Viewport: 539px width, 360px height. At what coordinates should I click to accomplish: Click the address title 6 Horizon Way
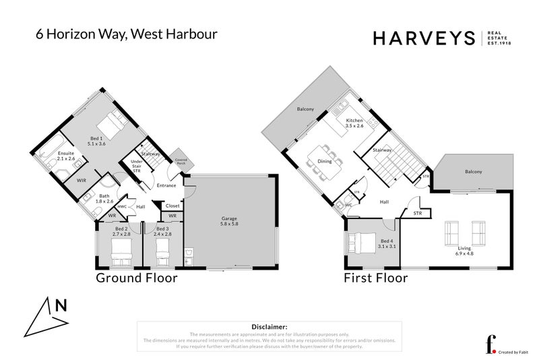click(x=126, y=34)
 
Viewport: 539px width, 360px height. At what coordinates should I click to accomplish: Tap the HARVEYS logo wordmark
click(x=425, y=38)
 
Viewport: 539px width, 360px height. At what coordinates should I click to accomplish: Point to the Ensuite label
click(x=66, y=156)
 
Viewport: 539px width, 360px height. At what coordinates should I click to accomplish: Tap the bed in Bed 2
click(x=119, y=254)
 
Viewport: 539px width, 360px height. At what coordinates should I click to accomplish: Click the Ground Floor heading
click(x=136, y=278)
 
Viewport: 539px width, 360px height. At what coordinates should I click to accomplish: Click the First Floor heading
click(x=376, y=278)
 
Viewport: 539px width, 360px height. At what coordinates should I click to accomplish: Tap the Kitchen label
click(x=354, y=123)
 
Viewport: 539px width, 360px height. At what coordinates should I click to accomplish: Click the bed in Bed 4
click(x=361, y=243)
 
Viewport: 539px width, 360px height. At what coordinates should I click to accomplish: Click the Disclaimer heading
click(x=269, y=326)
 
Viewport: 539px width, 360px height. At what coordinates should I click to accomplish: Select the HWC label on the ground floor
click(x=123, y=207)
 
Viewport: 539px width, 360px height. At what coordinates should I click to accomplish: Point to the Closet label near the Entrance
click(x=172, y=206)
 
